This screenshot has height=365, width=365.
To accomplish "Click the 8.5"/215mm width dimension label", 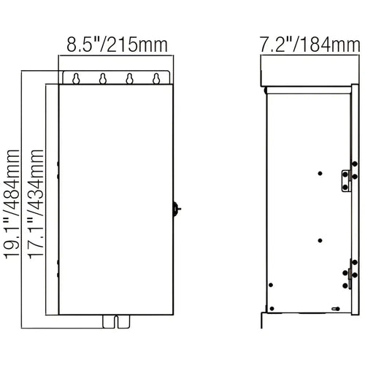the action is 117,45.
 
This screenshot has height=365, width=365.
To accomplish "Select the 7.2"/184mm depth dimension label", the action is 310,45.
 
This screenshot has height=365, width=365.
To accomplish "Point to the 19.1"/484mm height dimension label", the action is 12,204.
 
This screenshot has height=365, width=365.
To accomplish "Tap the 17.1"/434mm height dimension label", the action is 36,204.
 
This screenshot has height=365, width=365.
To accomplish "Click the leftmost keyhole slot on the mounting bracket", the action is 76,79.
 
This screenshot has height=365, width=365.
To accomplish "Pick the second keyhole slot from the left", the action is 103,79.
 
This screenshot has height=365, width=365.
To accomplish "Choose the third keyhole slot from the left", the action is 130,79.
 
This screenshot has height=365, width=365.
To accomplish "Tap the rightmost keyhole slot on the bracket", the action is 156,79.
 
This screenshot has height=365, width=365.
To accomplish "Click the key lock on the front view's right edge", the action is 177,209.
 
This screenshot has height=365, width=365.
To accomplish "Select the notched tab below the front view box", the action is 116,322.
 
